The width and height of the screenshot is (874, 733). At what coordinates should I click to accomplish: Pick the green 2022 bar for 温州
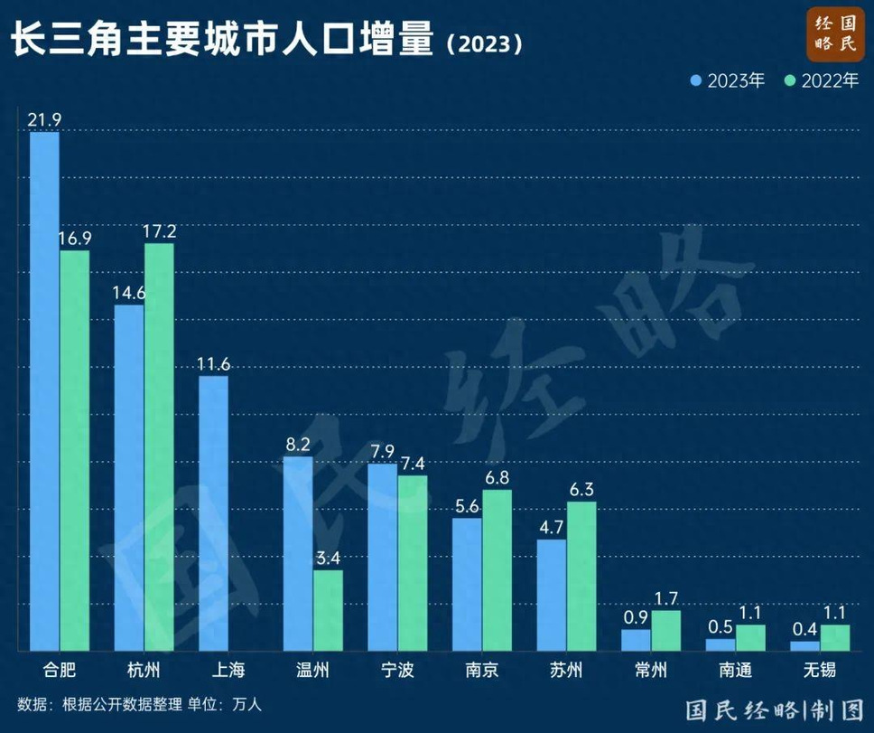click(328, 610)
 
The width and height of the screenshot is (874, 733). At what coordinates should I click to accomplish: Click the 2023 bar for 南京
click(467, 584)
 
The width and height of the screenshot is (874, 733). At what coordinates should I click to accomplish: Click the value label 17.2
click(159, 231)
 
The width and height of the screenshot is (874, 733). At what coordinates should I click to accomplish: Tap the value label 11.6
click(213, 364)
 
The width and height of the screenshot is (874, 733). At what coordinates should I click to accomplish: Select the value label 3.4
click(328, 559)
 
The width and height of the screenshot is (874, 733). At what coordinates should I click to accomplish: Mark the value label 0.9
click(636, 617)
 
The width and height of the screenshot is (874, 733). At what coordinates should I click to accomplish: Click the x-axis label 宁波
click(397, 672)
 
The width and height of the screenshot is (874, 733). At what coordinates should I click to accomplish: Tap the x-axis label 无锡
click(820, 672)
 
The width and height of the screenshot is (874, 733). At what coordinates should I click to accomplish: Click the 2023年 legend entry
click(727, 80)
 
